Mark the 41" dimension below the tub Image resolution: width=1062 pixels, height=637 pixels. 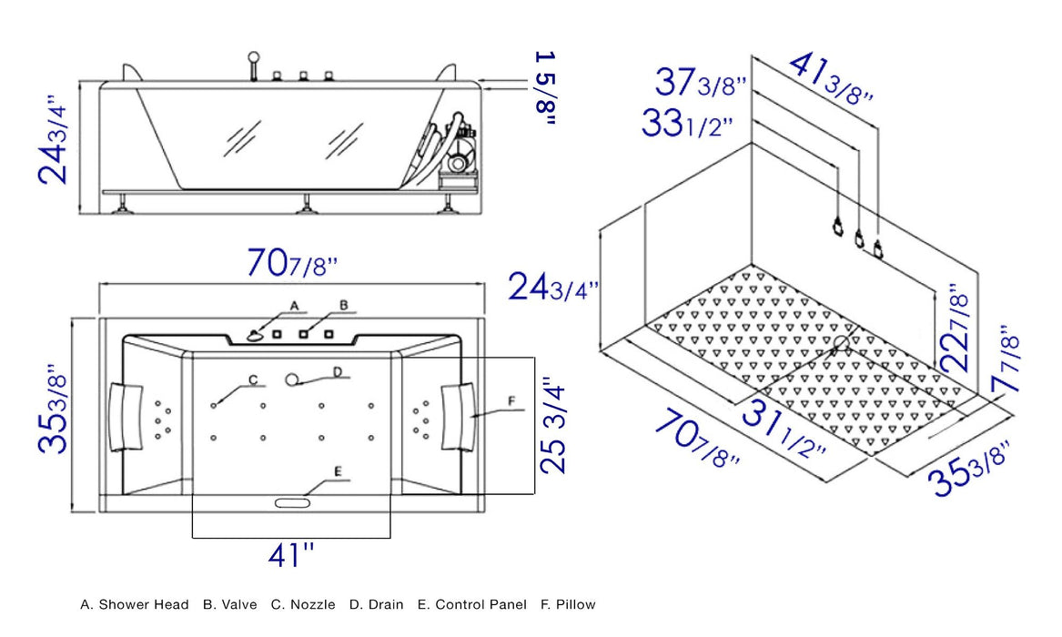290,554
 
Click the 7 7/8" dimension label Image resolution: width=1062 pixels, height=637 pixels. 1006,359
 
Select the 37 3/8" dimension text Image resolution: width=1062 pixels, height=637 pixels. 701,85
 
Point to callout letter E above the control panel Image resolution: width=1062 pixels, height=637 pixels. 338,471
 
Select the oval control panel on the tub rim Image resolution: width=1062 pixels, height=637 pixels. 290,501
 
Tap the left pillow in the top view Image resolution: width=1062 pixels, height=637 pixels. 126,416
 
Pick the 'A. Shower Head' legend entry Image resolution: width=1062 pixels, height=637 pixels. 135,604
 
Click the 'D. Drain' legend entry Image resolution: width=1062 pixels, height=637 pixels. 376,604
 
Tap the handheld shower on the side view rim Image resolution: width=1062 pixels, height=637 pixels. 254,68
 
